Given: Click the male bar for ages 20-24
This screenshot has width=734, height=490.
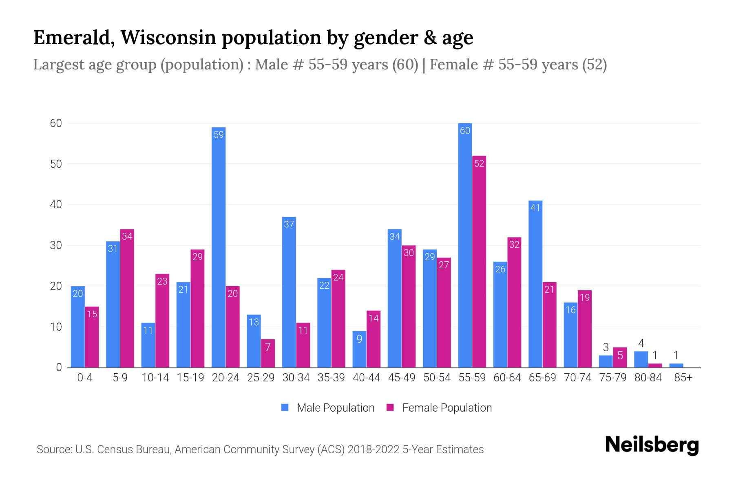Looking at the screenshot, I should coord(219,247).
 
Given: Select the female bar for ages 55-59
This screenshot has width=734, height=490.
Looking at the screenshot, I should coord(479,261).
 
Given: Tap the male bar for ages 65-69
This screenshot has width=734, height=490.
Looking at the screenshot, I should coord(535,284).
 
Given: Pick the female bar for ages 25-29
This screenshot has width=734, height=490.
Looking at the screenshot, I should coord(268,353).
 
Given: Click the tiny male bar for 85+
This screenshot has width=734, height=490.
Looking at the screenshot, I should coord(676,365).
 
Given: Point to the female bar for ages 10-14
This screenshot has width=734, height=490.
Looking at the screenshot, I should coord(162,321).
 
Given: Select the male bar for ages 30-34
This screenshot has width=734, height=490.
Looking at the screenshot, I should coord(289,292).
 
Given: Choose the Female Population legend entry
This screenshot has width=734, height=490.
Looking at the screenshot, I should coord(439,408).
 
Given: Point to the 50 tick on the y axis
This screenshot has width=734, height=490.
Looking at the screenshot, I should coord(56,164).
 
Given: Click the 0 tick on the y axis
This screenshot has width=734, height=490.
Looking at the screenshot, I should coord(59,367).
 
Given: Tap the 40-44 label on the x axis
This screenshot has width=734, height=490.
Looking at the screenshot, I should coord(366,378).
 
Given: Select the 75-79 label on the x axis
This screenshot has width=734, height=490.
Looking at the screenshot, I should coord(612,378).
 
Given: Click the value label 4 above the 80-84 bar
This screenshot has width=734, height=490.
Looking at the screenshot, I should coord(641,343).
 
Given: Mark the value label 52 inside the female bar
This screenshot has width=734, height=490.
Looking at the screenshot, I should coord(479,163).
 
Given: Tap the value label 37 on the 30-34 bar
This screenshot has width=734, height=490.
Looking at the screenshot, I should coord(289,224).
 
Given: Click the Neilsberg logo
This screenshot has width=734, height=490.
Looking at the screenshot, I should coord(652,445).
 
